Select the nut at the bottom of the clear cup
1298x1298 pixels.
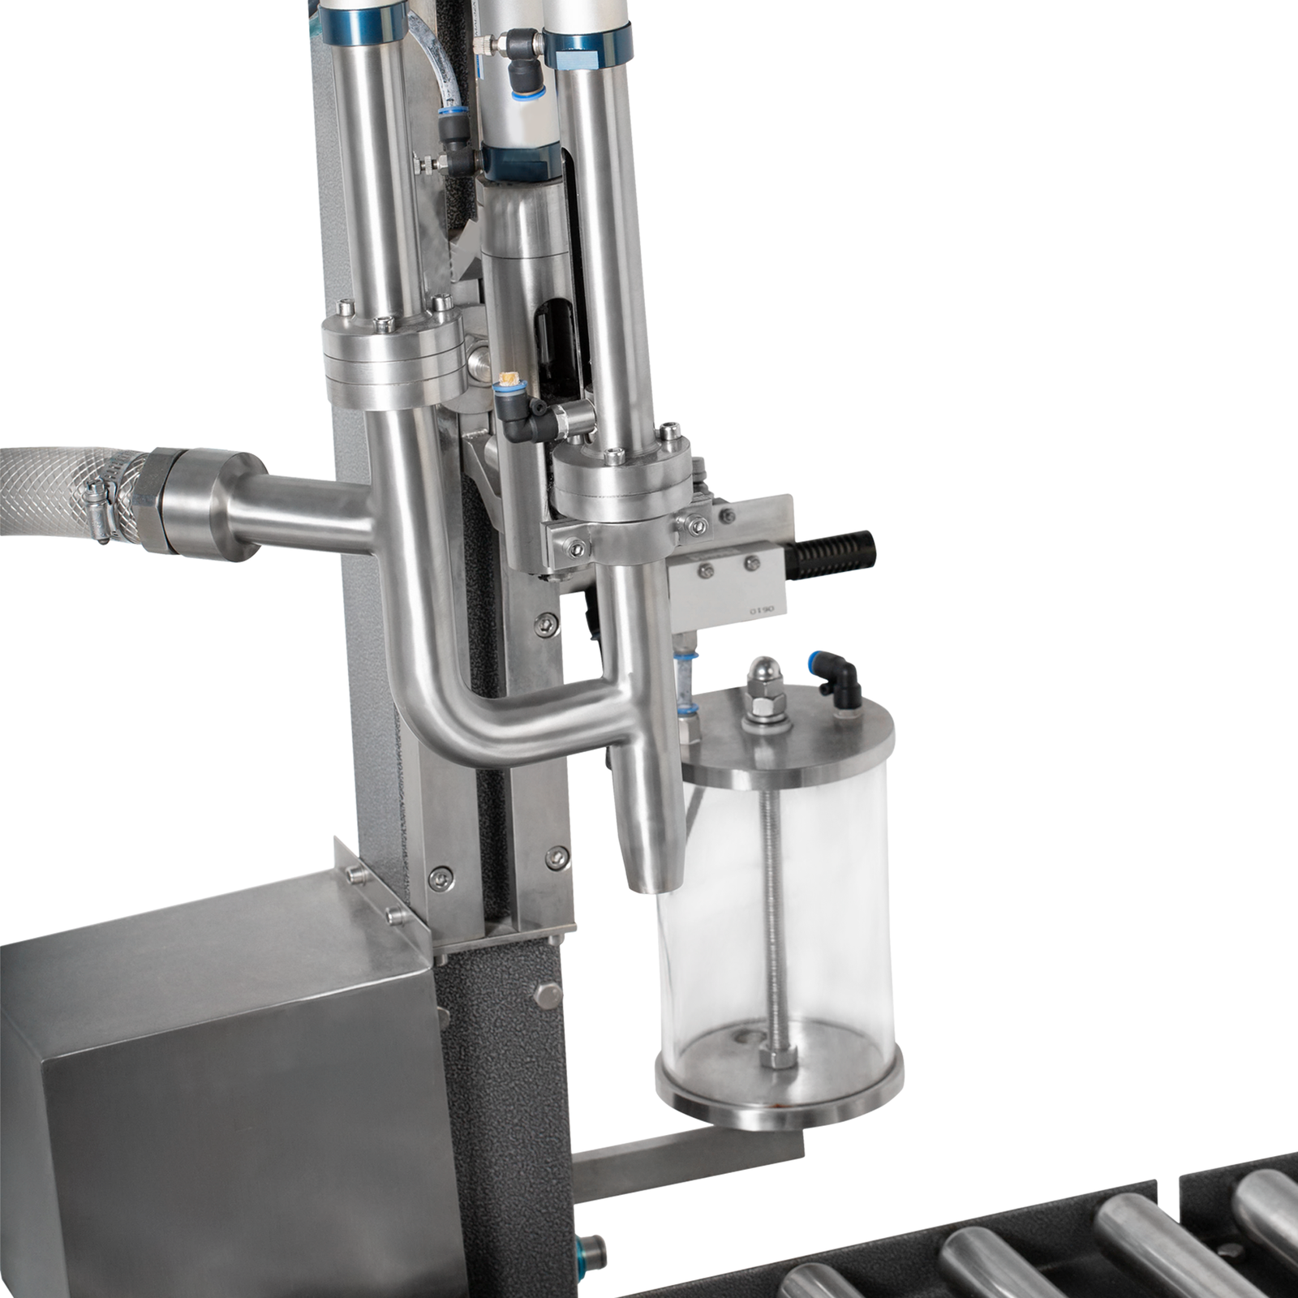pos(776,1058)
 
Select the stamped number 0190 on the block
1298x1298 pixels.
pos(762,608)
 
